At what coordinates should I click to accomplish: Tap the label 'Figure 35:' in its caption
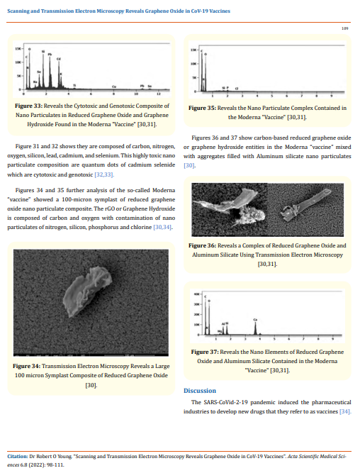[x=202, y=108]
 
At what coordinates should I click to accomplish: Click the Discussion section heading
[x=199, y=391]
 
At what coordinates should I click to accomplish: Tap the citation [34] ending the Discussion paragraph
[x=345, y=411]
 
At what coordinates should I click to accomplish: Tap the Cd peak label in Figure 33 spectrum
[x=60, y=59]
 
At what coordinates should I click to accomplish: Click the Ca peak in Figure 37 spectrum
[x=255, y=321]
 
